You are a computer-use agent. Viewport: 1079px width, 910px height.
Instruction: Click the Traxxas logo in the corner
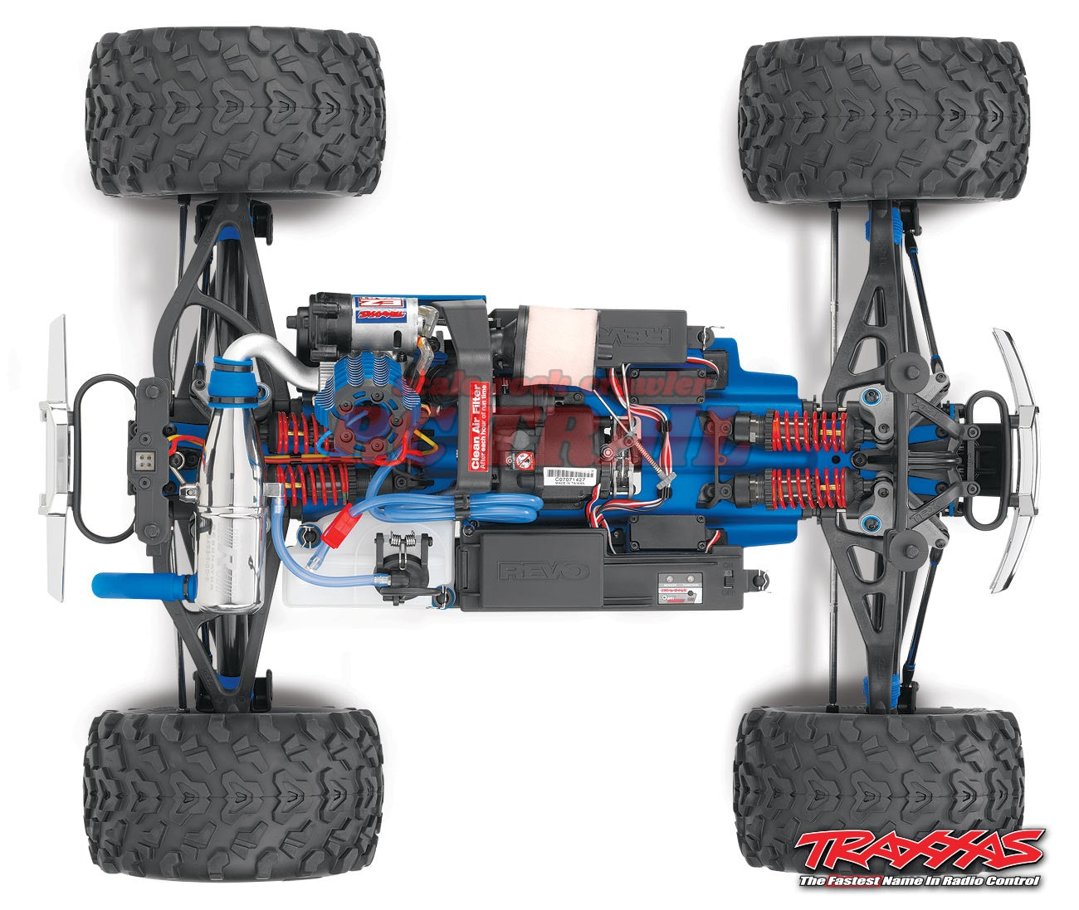click(919, 849)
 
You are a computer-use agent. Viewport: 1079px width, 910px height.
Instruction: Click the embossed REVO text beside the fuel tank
click(543, 571)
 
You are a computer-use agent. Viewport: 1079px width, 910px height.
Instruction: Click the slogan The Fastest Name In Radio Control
click(919, 881)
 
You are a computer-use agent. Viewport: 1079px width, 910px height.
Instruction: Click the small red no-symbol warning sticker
click(523, 460)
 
